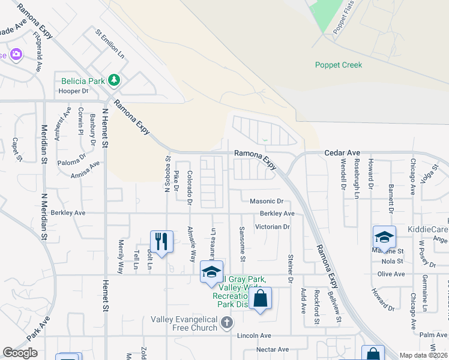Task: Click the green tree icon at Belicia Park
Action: point(113,80)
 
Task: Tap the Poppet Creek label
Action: point(339,65)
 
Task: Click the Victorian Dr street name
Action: point(272,227)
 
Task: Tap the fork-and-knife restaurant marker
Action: point(161,241)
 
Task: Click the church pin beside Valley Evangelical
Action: point(226,323)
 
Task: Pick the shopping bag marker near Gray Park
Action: point(261,298)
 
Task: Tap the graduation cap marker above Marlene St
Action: point(384,236)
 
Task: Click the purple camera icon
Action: point(16,55)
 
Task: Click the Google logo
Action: point(20,353)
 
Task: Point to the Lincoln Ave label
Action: point(255,335)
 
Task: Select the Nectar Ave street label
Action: point(273,349)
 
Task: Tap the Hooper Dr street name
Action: point(73,91)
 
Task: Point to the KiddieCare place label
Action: point(427,229)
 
